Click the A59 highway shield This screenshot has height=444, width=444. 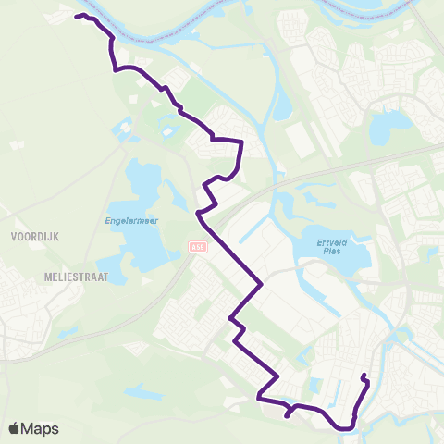tap(196, 247)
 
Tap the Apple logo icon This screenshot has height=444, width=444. tap(15, 428)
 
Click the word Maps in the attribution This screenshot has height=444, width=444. tap(41, 428)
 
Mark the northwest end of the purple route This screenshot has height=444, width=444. tap(77, 16)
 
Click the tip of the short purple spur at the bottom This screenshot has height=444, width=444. tap(287, 416)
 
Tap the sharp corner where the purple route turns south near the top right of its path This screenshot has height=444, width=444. tap(241, 142)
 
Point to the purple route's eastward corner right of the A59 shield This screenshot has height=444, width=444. tap(264, 284)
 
